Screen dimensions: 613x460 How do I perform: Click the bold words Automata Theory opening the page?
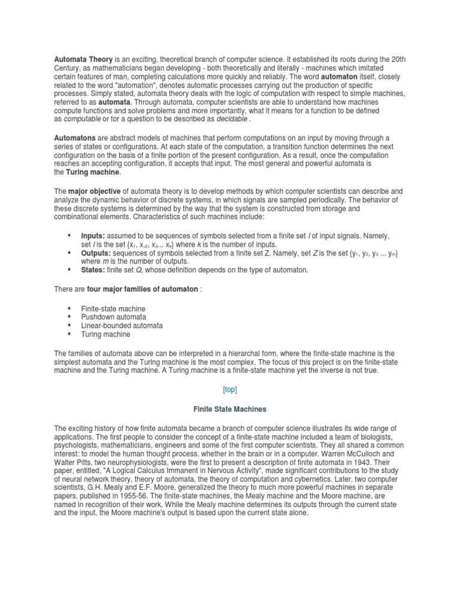(x=83, y=59)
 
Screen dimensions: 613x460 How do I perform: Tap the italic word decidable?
(x=231, y=119)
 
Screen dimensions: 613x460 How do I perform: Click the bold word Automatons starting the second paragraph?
(x=75, y=138)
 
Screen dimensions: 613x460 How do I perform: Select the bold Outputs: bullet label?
(x=96, y=253)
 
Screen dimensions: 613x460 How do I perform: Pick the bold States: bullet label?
(x=93, y=270)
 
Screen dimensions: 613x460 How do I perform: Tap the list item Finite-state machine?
(x=113, y=308)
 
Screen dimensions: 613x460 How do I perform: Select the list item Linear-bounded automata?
(x=122, y=326)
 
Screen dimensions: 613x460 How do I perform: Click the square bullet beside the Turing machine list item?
(x=70, y=334)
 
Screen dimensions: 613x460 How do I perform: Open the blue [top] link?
(x=230, y=389)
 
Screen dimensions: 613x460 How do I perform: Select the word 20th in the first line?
(x=398, y=59)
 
